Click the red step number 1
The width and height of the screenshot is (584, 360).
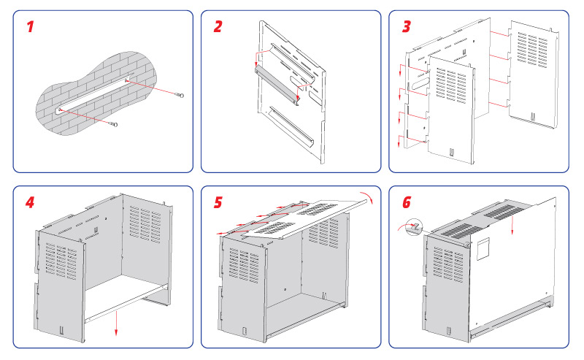[30, 28]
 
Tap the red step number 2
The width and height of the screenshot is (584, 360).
[218, 27]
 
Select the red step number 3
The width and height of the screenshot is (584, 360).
[407, 27]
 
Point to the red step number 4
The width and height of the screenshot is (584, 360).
[30, 201]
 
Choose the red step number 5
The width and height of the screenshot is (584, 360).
[218, 201]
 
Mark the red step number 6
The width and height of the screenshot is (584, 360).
[407, 201]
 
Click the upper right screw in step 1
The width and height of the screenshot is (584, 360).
[180, 96]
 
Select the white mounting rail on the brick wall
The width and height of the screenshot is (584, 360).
[93, 94]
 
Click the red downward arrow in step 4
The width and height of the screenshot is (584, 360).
[115, 324]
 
